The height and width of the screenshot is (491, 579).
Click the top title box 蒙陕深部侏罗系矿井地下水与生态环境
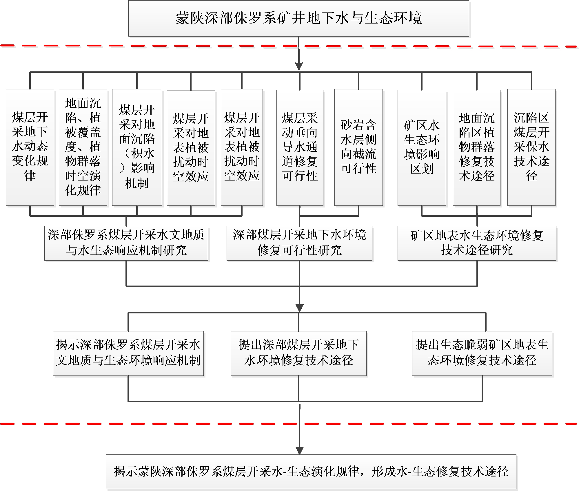click(298, 18)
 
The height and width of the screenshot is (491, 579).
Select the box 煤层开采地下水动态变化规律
click(30, 147)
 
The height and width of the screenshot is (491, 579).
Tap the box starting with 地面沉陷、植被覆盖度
click(83, 147)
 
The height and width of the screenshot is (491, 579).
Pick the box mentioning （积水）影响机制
click(137, 147)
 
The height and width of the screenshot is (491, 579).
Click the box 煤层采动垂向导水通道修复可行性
click(300, 148)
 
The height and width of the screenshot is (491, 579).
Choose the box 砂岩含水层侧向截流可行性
click(358, 147)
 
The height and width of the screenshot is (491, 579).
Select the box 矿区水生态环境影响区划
click(422, 148)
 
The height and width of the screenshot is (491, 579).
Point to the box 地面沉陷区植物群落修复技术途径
click(477, 148)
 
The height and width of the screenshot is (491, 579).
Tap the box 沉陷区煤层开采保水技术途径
click(531, 147)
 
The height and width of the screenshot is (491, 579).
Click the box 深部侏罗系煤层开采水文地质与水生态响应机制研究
click(126, 243)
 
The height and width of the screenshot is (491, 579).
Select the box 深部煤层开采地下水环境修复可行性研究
click(299, 243)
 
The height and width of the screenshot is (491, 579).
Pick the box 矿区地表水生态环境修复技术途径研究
click(477, 243)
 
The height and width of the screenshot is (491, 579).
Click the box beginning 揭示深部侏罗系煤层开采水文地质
click(128, 353)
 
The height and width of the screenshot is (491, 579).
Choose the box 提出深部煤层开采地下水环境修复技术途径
click(298, 353)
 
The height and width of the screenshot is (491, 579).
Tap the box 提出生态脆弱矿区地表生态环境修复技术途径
click(482, 353)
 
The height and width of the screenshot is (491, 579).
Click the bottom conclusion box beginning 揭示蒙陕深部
click(311, 472)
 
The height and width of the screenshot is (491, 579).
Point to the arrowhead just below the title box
click(299, 66)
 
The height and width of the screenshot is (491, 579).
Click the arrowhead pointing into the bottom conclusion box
click(299, 451)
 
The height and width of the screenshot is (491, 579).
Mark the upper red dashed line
click(289, 46)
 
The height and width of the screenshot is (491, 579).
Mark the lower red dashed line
click(289, 424)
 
